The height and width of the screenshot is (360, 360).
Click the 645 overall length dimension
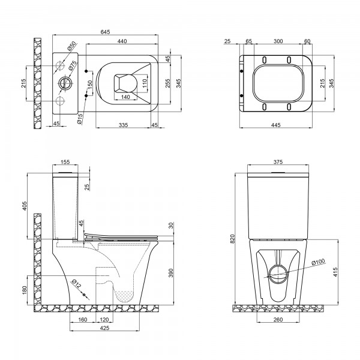[106, 32]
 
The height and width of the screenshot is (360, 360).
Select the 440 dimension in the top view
[122, 41]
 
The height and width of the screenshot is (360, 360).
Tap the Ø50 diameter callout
[71, 46]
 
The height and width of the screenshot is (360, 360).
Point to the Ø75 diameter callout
[72, 65]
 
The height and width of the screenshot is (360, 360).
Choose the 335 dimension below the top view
[123, 125]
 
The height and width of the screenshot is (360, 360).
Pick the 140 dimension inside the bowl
[125, 97]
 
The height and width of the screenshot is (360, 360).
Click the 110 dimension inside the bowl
[145, 84]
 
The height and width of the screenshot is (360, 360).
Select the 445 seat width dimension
[276, 125]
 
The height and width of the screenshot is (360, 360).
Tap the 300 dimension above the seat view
[278, 41]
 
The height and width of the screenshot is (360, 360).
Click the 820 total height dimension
[233, 239]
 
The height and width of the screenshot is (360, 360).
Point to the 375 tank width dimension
[278, 162]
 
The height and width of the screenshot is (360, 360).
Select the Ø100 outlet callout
[318, 262]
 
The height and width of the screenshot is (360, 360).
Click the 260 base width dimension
[278, 319]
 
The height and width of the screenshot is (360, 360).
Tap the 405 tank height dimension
[25, 206]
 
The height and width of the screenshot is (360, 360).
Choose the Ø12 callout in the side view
[76, 284]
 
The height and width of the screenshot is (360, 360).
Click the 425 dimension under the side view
[104, 328]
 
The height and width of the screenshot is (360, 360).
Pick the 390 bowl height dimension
[171, 273]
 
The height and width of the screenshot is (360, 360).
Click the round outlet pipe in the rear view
[278, 274]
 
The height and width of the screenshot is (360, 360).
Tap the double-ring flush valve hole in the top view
[66, 83]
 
